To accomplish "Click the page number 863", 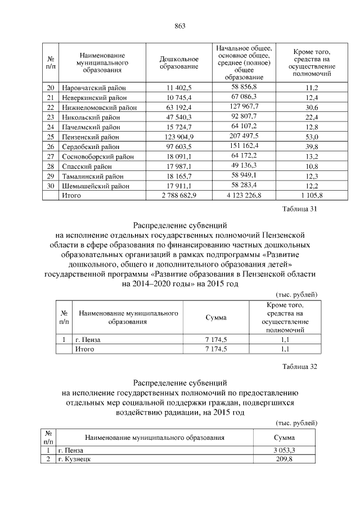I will tap(180, 26).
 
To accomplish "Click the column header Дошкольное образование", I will tap(179, 63).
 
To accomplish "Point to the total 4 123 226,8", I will tap(244, 196).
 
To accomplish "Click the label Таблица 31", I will tap(302, 210).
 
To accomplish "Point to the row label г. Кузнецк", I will tap(74, 460).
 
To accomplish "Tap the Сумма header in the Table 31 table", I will tap(216, 318).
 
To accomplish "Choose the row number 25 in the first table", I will tap(51, 137).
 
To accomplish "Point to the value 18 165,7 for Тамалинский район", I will tap(179, 176).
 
